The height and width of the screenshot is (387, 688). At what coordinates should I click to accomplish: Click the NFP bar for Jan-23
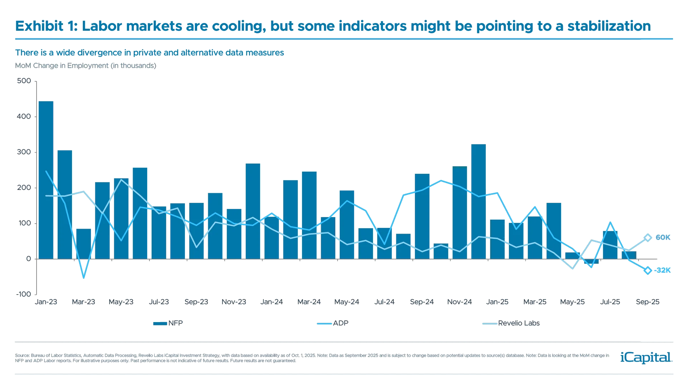pyautogui.click(x=46, y=179)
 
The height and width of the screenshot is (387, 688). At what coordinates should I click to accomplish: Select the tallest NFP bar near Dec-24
pyautogui.click(x=478, y=201)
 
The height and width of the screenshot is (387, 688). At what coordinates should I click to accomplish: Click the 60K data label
pyautogui.click(x=663, y=238)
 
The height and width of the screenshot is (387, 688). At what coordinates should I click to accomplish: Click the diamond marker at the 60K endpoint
pyautogui.click(x=648, y=238)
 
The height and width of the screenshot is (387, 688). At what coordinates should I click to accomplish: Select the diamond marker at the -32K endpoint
pyautogui.click(x=648, y=271)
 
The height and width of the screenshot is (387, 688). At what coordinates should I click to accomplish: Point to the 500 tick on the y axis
pyautogui.click(x=24, y=81)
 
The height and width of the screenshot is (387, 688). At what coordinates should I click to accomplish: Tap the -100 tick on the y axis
pyautogui.click(x=24, y=294)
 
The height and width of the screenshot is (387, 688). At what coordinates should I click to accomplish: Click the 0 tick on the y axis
pyautogui.click(x=29, y=259)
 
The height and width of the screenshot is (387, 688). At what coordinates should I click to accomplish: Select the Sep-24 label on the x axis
pyautogui.click(x=422, y=302)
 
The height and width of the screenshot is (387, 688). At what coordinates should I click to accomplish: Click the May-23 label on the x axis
pyautogui.click(x=121, y=302)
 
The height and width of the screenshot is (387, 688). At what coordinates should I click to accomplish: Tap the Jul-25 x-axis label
pyautogui.click(x=610, y=302)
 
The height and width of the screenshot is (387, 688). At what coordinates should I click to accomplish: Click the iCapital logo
pyautogui.click(x=645, y=357)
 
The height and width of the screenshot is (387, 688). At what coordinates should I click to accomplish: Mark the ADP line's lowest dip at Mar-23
pyautogui.click(x=84, y=278)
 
